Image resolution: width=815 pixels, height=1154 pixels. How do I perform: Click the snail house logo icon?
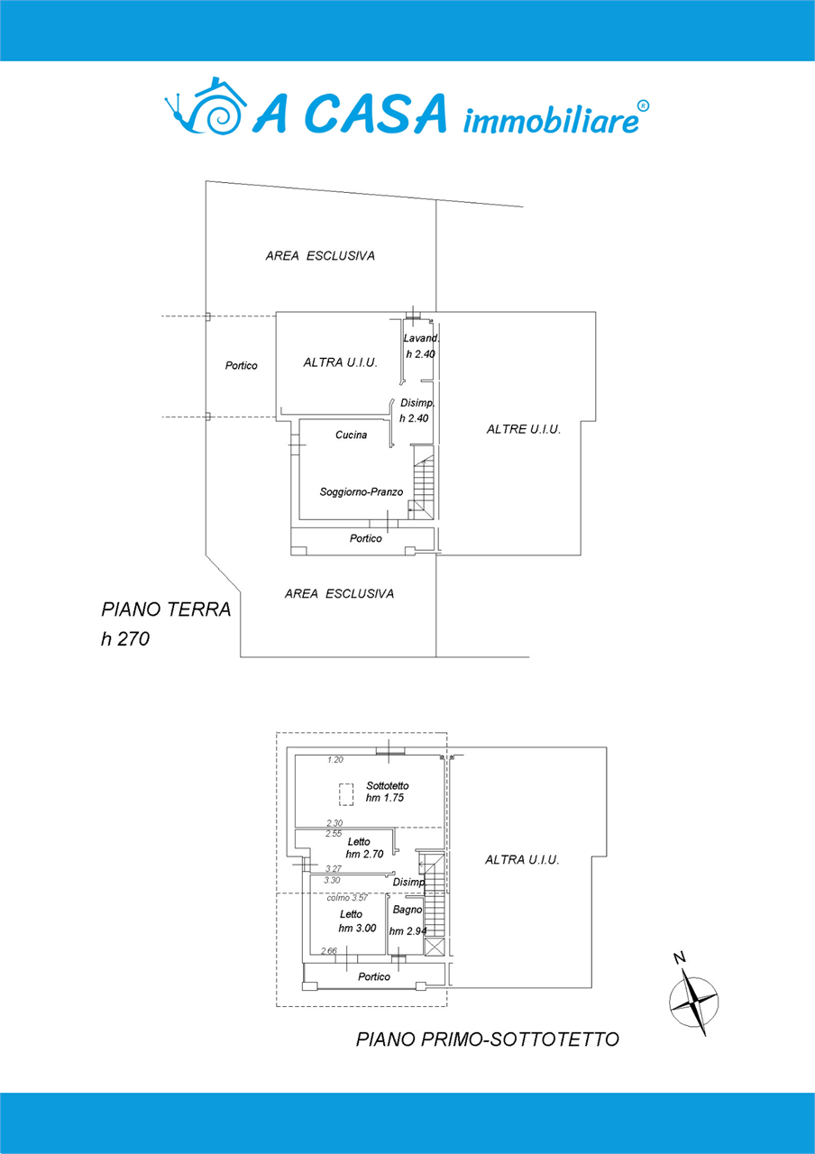tap(205, 106)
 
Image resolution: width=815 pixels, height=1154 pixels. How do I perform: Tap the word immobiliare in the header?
tap(552, 121)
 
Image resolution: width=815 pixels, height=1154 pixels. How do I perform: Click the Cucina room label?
tap(351, 435)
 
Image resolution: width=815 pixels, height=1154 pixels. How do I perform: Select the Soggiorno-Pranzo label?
tap(362, 492)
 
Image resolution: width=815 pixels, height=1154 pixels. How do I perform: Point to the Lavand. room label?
tap(421, 338)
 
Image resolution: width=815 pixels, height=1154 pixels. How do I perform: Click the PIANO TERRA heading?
tap(166, 609)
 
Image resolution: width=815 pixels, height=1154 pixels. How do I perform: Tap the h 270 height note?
tap(125, 639)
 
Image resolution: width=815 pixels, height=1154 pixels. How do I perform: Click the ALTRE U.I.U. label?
tap(524, 429)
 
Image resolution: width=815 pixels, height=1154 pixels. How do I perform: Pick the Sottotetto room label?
tap(388, 785)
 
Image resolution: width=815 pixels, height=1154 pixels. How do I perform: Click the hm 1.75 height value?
tap(385, 798)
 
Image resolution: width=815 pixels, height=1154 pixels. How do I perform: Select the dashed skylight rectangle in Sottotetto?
tap(346, 794)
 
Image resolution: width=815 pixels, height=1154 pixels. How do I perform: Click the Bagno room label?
tap(407, 910)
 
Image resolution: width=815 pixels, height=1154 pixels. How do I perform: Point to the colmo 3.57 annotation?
tap(347, 898)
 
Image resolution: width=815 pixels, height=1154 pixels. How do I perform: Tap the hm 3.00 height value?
tap(357, 929)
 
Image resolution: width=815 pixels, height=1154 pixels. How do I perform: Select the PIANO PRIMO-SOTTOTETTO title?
tap(488, 1040)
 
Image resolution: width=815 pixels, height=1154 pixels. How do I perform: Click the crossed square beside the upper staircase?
tap(434, 947)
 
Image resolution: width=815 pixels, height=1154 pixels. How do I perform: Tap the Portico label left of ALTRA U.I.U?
tap(241, 365)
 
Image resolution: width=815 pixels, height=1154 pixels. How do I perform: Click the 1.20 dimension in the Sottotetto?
tap(334, 760)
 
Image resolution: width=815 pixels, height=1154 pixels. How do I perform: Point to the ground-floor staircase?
tap(423, 482)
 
